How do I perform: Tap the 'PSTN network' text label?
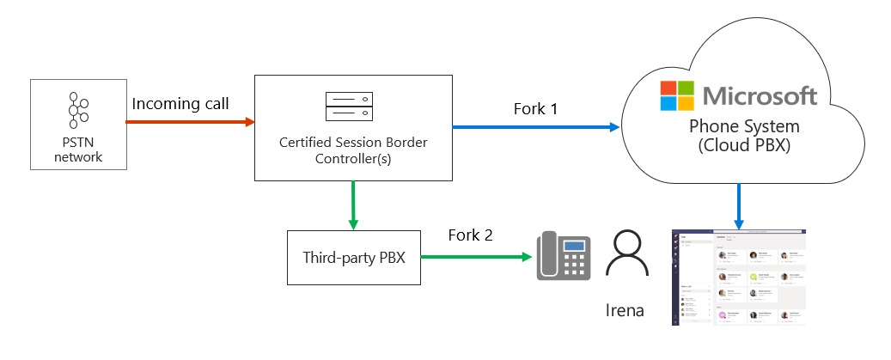pyautogui.click(x=78, y=149)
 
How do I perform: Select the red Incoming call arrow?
pyautogui.click(x=190, y=122)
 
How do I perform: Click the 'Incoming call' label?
pyautogui.click(x=180, y=104)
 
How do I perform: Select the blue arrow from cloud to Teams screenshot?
pyautogui.click(x=738, y=206)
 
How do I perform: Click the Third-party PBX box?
pyautogui.click(x=352, y=256)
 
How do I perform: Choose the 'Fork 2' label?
pyautogui.click(x=470, y=235)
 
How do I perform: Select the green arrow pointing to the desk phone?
pyautogui.click(x=473, y=256)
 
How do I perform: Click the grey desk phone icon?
pyautogui.click(x=565, y=255)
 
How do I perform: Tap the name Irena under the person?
pyautogui.click(x=626, y=308)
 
